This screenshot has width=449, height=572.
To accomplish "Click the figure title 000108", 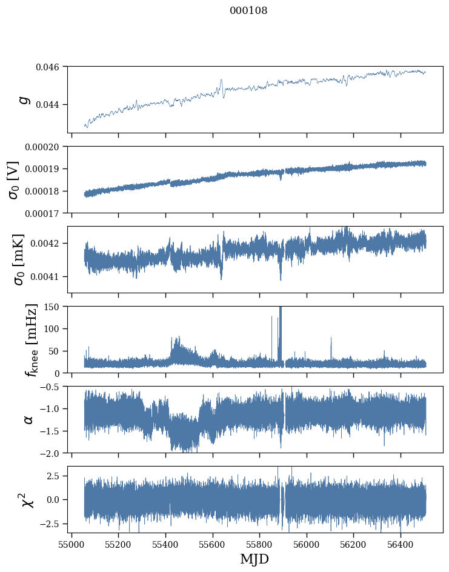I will coord(248,11).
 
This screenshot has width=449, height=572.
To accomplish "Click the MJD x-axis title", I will coord(254,559).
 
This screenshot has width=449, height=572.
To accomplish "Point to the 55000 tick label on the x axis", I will coord(72,544).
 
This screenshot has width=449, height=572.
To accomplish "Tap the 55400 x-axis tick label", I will coord(165,544).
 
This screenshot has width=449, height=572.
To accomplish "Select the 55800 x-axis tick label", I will coord(259,544).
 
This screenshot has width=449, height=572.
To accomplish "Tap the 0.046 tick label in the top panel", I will coord(50,67).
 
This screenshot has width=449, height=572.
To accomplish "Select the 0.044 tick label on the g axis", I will coord(50,104).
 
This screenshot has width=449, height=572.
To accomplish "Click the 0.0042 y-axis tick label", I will coord(46,244).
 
